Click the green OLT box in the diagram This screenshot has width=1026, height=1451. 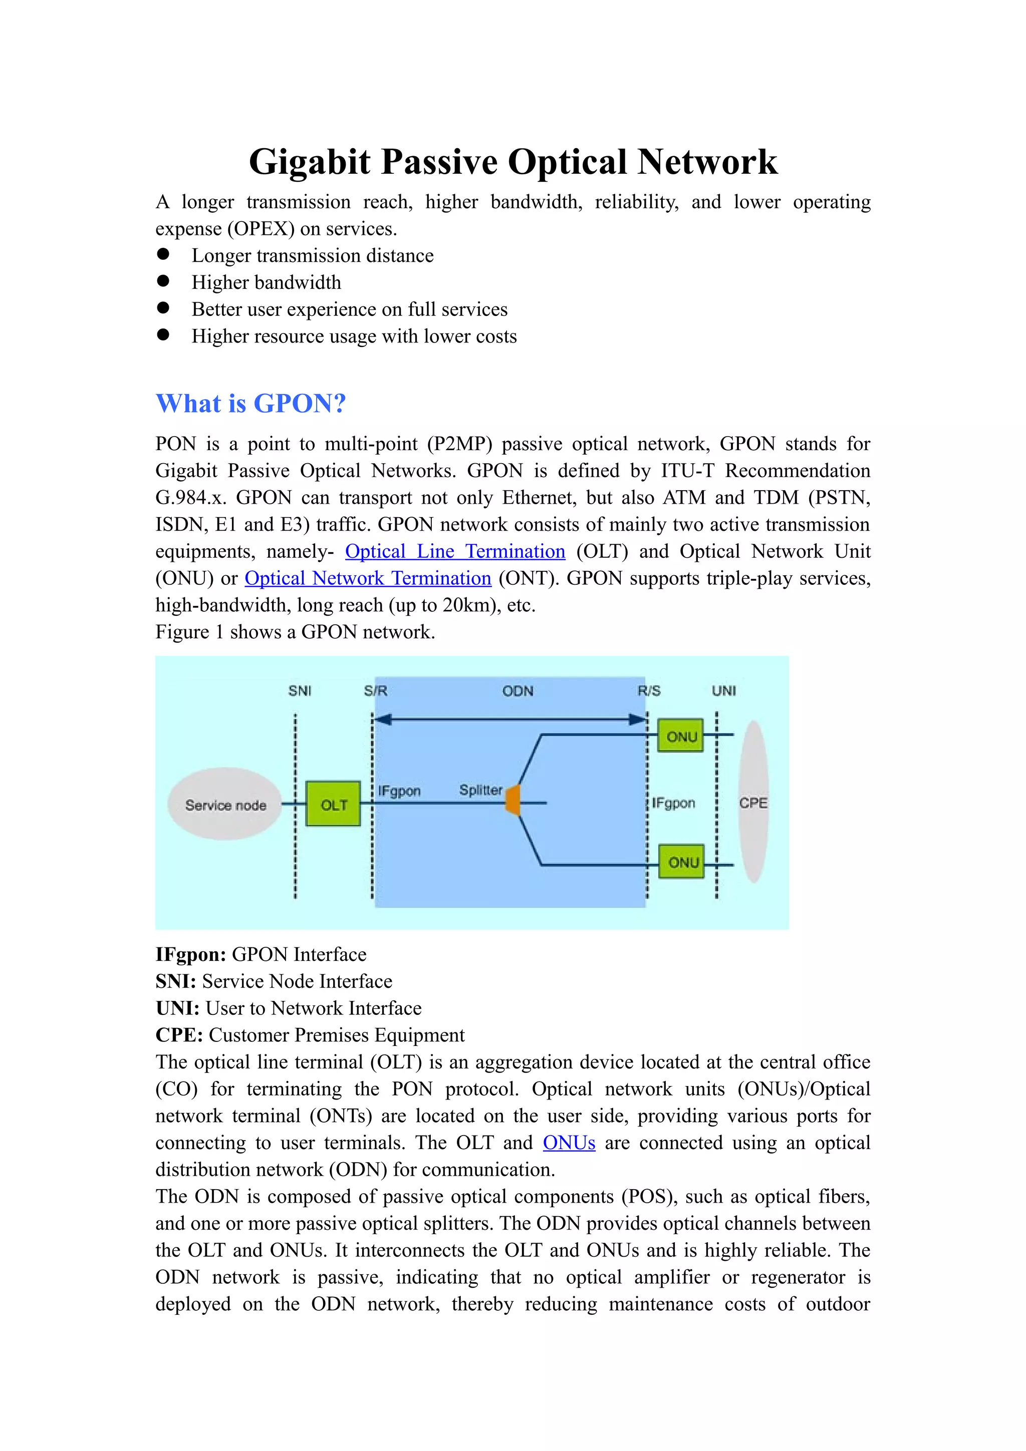coord(333,804)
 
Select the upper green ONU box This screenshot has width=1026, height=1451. coord(680,736)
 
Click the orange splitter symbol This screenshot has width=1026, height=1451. coord(514,801)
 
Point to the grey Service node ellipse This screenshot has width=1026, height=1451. coord(225,805)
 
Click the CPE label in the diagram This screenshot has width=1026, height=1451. coord(753,803)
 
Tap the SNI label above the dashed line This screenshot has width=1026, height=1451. coord(300,691)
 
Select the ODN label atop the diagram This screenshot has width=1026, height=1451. coord(518,691)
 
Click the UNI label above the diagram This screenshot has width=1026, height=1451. coord(723,691)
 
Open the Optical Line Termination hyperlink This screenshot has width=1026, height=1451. coord(454,552)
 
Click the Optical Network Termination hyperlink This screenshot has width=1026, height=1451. coord(367,578)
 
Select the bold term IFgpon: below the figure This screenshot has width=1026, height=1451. coord(191,954)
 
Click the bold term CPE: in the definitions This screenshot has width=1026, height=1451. coord(179,1035)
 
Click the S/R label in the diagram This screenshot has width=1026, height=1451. coord(376,691)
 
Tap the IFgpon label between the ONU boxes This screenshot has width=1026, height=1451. coord(673,803)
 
